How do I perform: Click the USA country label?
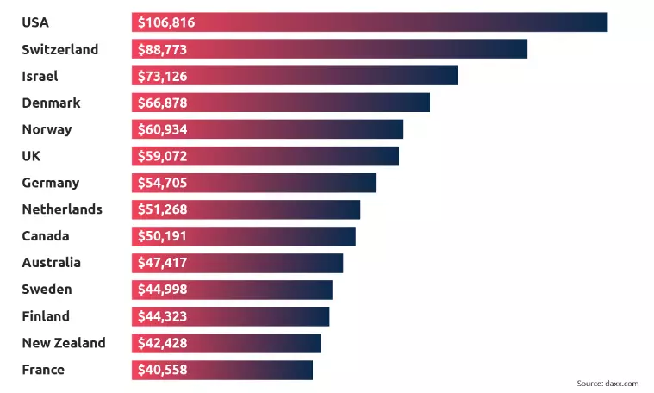click(34, 22)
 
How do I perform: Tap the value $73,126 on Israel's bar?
click(163, 76)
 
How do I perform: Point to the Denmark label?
click(51, 103)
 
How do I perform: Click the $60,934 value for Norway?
click(163, 129)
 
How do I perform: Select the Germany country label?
click(50, 183)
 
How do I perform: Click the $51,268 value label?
click(163, 209)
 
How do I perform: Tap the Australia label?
click(52, 263)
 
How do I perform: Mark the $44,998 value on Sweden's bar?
click(163, 290)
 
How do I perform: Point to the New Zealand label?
click(64, 343)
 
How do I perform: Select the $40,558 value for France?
click(163, 370)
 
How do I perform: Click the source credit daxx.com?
click(607, 383)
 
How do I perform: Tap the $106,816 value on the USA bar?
click(166, 22)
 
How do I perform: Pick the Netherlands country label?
click(62, 209)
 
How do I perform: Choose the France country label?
click(43, 370)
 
